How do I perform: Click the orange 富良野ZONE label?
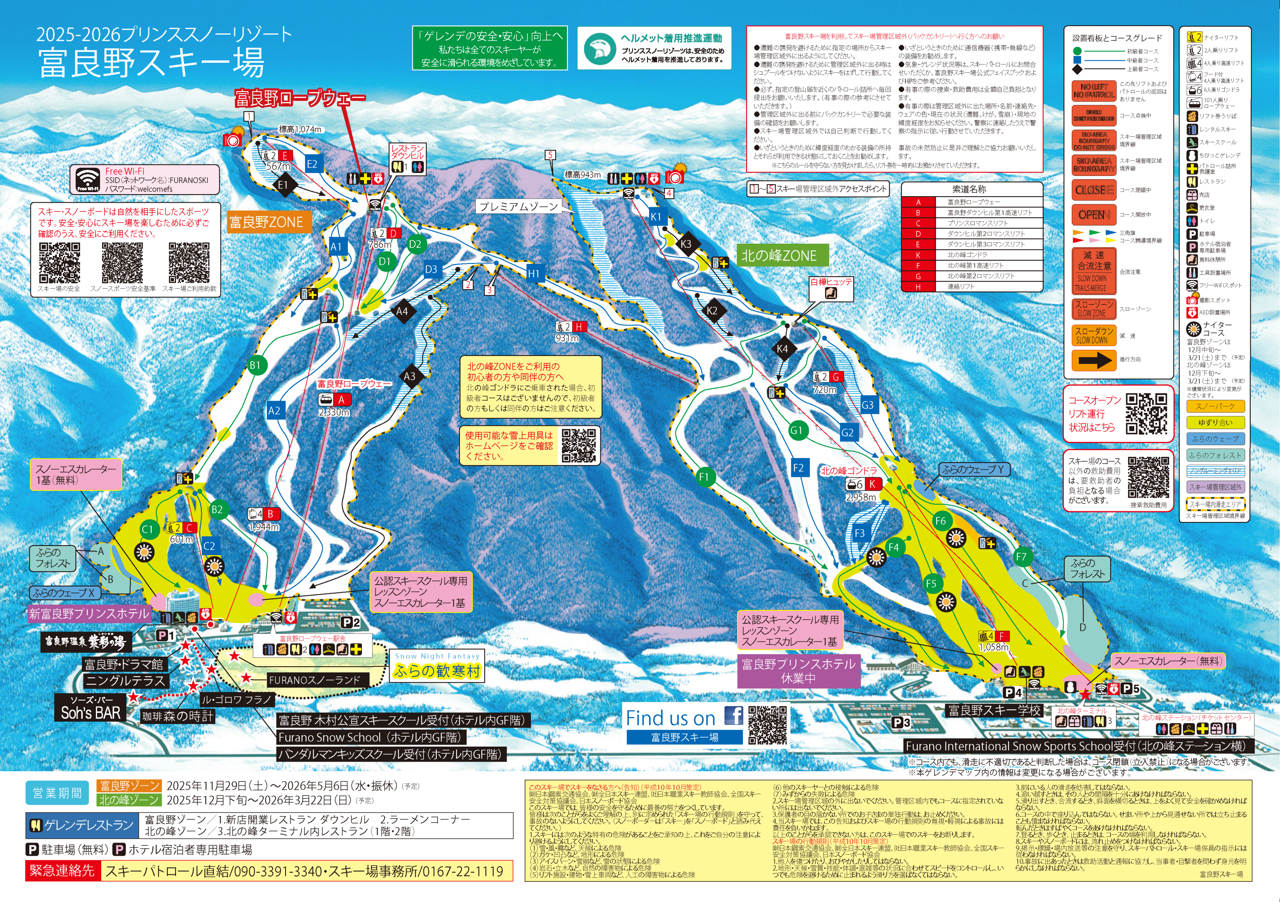[x=266, y=222]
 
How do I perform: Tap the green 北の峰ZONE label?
[x=779, y=256]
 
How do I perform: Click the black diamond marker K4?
[x=782, y=349]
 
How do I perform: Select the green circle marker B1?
[x=255, y=366]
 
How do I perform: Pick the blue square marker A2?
[x=274, y=411]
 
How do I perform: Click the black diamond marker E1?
[x=283, y=185]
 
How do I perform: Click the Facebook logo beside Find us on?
[x=734, y=715]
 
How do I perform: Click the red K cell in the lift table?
[x=918, y=254]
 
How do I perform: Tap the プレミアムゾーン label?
[x=518, y=206]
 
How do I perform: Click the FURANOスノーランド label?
[x=315, y=680]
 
